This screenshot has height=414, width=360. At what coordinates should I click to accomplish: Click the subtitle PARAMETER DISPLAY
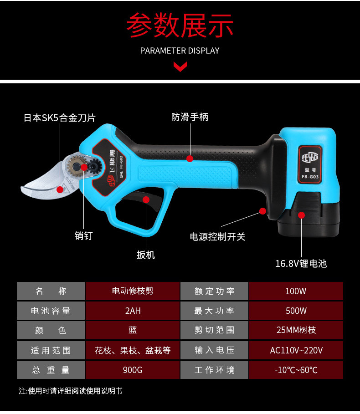[180, 51]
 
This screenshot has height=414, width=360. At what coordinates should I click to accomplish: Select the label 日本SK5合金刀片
[60, 118]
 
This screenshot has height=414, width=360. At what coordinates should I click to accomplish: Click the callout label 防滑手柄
[190, 117]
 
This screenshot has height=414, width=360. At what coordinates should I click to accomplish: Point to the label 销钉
[83, 235]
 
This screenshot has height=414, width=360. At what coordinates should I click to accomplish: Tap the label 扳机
[146, 255]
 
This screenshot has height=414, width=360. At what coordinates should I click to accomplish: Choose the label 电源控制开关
[217, 237]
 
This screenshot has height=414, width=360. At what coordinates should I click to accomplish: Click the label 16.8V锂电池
[301, 264]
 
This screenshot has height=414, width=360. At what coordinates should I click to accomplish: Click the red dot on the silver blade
[60, 189]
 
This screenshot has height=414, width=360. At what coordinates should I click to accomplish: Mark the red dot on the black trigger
[146, 199]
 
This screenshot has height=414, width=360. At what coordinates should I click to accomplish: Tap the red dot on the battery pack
[301, 215]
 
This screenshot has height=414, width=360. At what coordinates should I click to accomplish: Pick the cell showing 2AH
[133, 311]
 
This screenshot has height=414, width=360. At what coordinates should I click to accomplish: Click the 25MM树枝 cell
[296, 330]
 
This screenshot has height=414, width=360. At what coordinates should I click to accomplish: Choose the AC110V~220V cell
[296, 350]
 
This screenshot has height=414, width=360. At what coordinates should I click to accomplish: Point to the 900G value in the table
[133, 370]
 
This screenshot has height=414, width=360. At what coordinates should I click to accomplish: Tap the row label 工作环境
[214, 370]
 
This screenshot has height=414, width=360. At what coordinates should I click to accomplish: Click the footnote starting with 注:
[71, 391]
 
